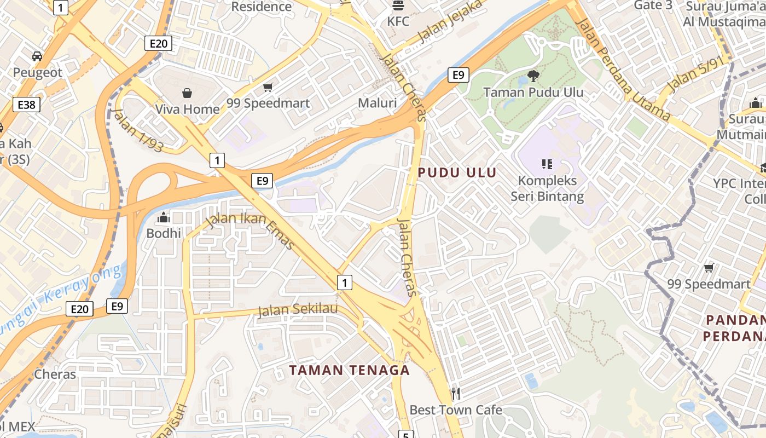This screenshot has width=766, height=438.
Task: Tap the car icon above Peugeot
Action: pos(37,56)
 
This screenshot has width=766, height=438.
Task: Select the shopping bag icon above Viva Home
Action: pos(187,93)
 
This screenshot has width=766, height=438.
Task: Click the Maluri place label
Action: pos(377,103)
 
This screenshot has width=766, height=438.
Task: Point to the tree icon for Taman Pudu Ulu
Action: pos(533,76)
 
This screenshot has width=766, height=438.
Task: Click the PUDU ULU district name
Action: pos(457,173)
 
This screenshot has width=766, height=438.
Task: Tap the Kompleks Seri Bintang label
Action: pos(547,188)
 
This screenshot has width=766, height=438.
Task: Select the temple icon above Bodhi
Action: pos(163,218)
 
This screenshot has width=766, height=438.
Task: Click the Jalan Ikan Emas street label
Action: pos(250,230)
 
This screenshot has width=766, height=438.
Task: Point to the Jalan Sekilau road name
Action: pos(298,310)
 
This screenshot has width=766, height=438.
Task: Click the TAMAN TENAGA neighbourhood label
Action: pos(349,370)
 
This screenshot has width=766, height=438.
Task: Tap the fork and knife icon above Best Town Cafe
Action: pos(455,393)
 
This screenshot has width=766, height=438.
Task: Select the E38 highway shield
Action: pos(26,105)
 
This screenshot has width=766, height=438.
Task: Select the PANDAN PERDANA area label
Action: pos(735,328)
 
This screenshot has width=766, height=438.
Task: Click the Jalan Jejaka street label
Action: pos(451,21)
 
